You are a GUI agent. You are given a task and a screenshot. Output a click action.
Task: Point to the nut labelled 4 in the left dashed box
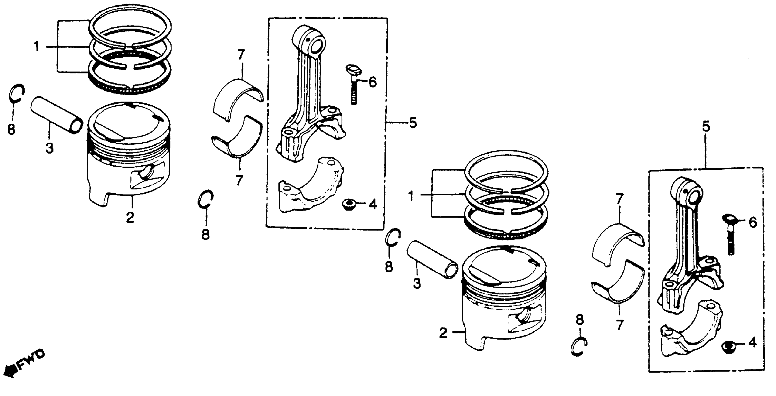(349, 205)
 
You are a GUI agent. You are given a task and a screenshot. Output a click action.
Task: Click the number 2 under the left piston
(130, 217)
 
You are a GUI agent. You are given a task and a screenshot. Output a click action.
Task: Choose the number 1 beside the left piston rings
(37, 47)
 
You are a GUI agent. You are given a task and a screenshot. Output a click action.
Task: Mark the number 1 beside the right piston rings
(411, 197)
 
